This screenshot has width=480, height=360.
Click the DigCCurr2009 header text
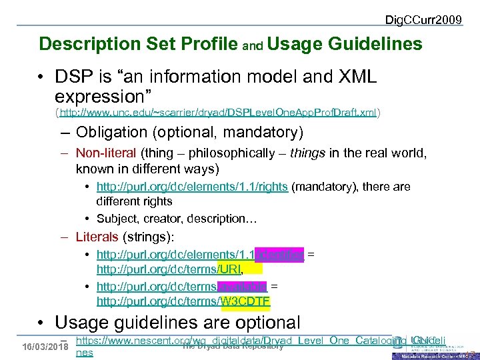[x=423, y=19]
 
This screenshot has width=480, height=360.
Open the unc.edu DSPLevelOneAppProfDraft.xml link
[x=219, y=113]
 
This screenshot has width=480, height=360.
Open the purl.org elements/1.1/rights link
[x=192, y=187]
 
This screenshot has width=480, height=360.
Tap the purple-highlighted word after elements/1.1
[x=281, y=255]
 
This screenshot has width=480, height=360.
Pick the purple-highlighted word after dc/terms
[x=243, y=287]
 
